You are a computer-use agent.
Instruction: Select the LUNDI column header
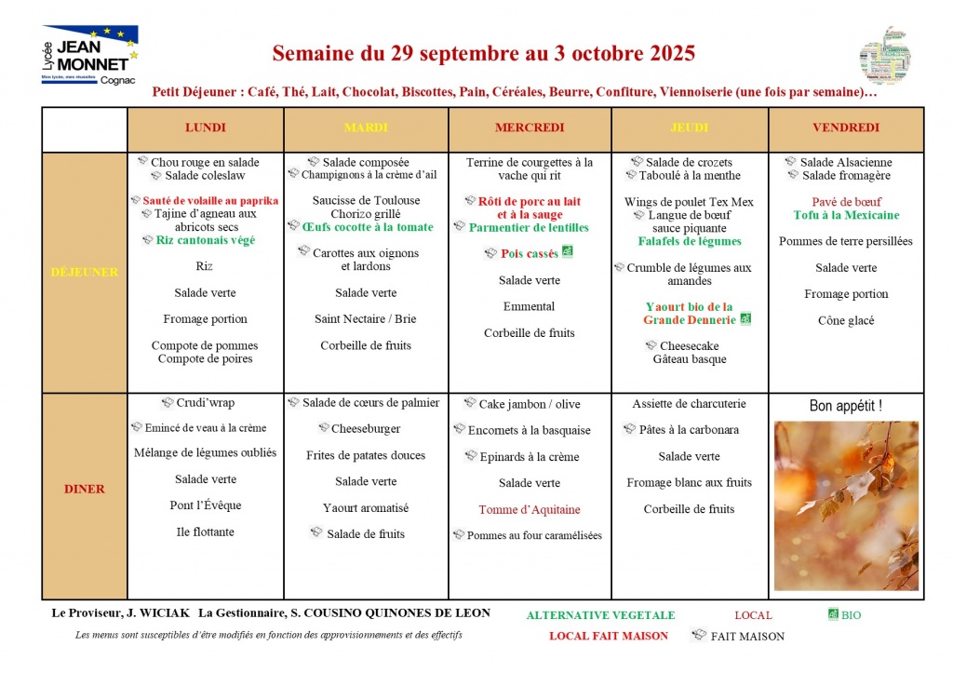pyautogui.click(x=205, y=128)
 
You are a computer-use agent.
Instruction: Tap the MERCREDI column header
pyautogui.click(x=529, y=128)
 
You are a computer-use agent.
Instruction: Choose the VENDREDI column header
pyautogui.click(x=846, y=128)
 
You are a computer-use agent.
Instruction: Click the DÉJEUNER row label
pyautogui.click(x=84, y=272)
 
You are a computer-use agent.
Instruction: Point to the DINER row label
pyautogui.click(x=84, y=489)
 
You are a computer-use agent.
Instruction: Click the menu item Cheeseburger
pyautogui.click(x=366, y=429)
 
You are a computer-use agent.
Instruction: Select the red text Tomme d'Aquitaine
pyautogui.click(x=529, y=509)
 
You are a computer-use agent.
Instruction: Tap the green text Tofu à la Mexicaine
pyautogui.click(x=846, y=215)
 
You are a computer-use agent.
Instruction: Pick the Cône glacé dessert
pyautogui.click(x=846, y=321)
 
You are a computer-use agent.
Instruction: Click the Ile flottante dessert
pyautogui.click(x=205, y=532)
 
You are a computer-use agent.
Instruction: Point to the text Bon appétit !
pyautogui.click(x=846, y=406)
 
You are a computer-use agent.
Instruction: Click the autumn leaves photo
pyautogui.click(x=846, y=505)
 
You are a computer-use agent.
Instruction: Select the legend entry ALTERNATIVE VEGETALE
pyautogui.click(x=600, y=615)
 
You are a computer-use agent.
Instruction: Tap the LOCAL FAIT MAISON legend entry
pyautogui.click(x=609, y=637)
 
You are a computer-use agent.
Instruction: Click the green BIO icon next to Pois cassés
pyautogui.click(x=568, y=252)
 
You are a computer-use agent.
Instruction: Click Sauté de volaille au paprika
pyautogui.click(x=210, y=200)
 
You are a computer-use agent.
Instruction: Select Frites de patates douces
pyautogui.click(x=366, y=455)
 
